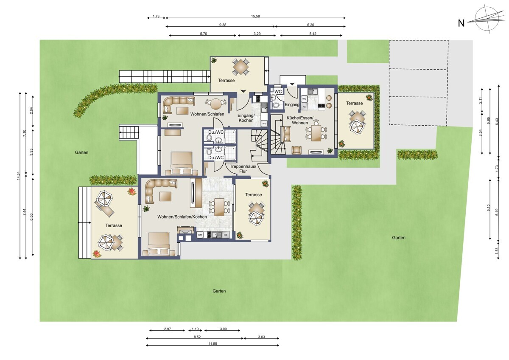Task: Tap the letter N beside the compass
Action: pyautogui.click(x=461, y=23)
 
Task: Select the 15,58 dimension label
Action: pyautogui.click(x=255, y=17)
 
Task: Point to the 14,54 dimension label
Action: pyautogui.click(x=19, y=176)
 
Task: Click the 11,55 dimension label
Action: pyautogui.click(x=213, y=343)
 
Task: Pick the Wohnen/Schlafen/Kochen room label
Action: pyautogui.click(x=182, y=217)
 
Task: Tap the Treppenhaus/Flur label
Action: pyautogui.click(x=243, y=169)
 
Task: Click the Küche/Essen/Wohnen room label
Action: pyautogui.click(x=300, y=120)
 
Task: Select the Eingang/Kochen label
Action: pyautogui.click(x=246, y=118)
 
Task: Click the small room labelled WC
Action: pyautogui.click(x=278, y=92)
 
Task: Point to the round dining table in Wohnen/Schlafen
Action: pyautogui.click(x=215, y=104)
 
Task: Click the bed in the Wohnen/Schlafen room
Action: pyautogui.click(x=182, y=164)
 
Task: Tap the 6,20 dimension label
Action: pyautogui.click(x=310, y=25)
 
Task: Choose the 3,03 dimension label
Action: pyautogui.click(x=261, y=337)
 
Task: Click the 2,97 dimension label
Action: pyautogui.click(x=167, y=329)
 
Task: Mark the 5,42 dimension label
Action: pyautogui.click(x=313, y=34)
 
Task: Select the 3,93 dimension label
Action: pyautogui.click(x=31, y=152)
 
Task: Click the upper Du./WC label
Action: pyautogui.click(x=216, y=132)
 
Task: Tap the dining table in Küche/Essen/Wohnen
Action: pyautogui.click(x=316, y=133)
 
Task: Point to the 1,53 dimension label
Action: pyautogui.click(x=497, y=251)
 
